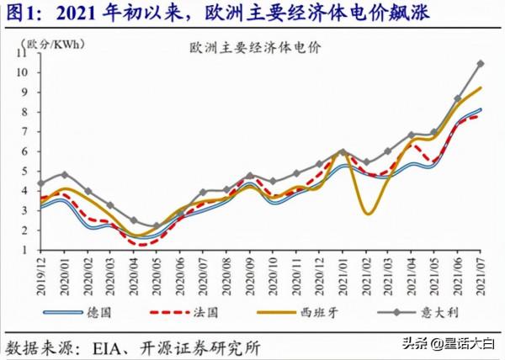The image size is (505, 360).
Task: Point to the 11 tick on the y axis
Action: pyautogui.click(x=23, y=52)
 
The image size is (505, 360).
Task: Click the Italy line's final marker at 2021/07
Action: pyautogui.click(x=480, y=63)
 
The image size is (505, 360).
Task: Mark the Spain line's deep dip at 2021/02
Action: pyautogui.click(x=368, y=214)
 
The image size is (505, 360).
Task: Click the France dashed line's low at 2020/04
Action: pyautogui.click(x=136, y=245)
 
